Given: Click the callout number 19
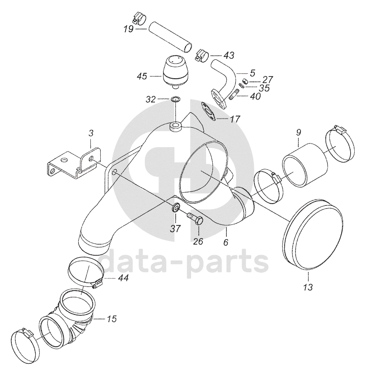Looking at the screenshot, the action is click(x=128, y=29).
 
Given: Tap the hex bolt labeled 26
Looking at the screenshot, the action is click(x=195, y=218).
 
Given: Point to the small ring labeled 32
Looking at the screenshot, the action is click(x=176, y=99).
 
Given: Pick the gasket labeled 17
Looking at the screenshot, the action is click(x=208, y=111).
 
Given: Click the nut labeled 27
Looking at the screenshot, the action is click(x=245, y=81).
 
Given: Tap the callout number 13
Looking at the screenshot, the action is click(x=308, y=287).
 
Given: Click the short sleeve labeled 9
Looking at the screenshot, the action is click(x=304, y=165).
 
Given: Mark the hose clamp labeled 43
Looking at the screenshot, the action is click(x=201, y=55).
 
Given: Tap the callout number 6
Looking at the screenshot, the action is click(x=226, y=242).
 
